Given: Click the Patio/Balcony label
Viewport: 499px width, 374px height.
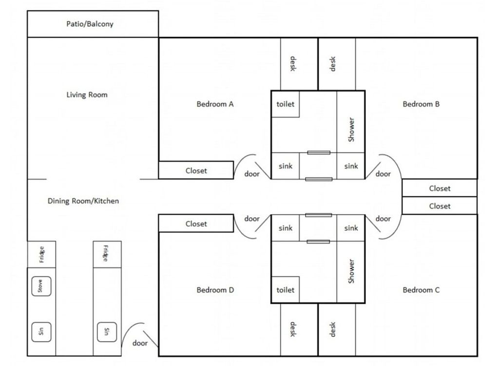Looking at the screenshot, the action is click(90, 24).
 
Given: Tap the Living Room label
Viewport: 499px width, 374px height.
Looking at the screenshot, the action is click(87, 95).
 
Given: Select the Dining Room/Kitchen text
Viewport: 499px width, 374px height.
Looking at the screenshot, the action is click(83, 201).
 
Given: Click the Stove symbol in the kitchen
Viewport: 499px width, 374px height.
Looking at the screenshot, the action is click(41, 286).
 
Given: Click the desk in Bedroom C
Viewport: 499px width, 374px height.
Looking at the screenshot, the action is click(337, 330).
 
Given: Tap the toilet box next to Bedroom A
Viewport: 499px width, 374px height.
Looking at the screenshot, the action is click(286, 104).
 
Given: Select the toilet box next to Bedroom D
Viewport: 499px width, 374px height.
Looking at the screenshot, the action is click(286, 290).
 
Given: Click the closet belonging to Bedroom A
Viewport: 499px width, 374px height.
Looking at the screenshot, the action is click(196, 170).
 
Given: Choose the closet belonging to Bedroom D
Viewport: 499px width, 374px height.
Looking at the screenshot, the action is click(196, 223).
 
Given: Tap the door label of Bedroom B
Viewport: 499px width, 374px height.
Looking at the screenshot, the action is click(383, 174).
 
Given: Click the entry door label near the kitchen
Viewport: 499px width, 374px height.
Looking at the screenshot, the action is click(140, 343).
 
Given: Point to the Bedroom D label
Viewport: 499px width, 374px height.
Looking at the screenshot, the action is click(215, 290).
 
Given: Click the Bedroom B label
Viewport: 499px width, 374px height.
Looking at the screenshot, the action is click(421, 104).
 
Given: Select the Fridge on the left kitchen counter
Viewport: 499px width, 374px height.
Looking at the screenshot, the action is click(41, 254).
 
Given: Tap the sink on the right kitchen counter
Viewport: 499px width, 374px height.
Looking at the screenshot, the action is click(107, 332).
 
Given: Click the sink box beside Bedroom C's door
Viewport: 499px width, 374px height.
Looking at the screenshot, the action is click(351, 228).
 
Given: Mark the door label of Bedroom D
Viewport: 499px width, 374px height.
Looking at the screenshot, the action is click(252, 219).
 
